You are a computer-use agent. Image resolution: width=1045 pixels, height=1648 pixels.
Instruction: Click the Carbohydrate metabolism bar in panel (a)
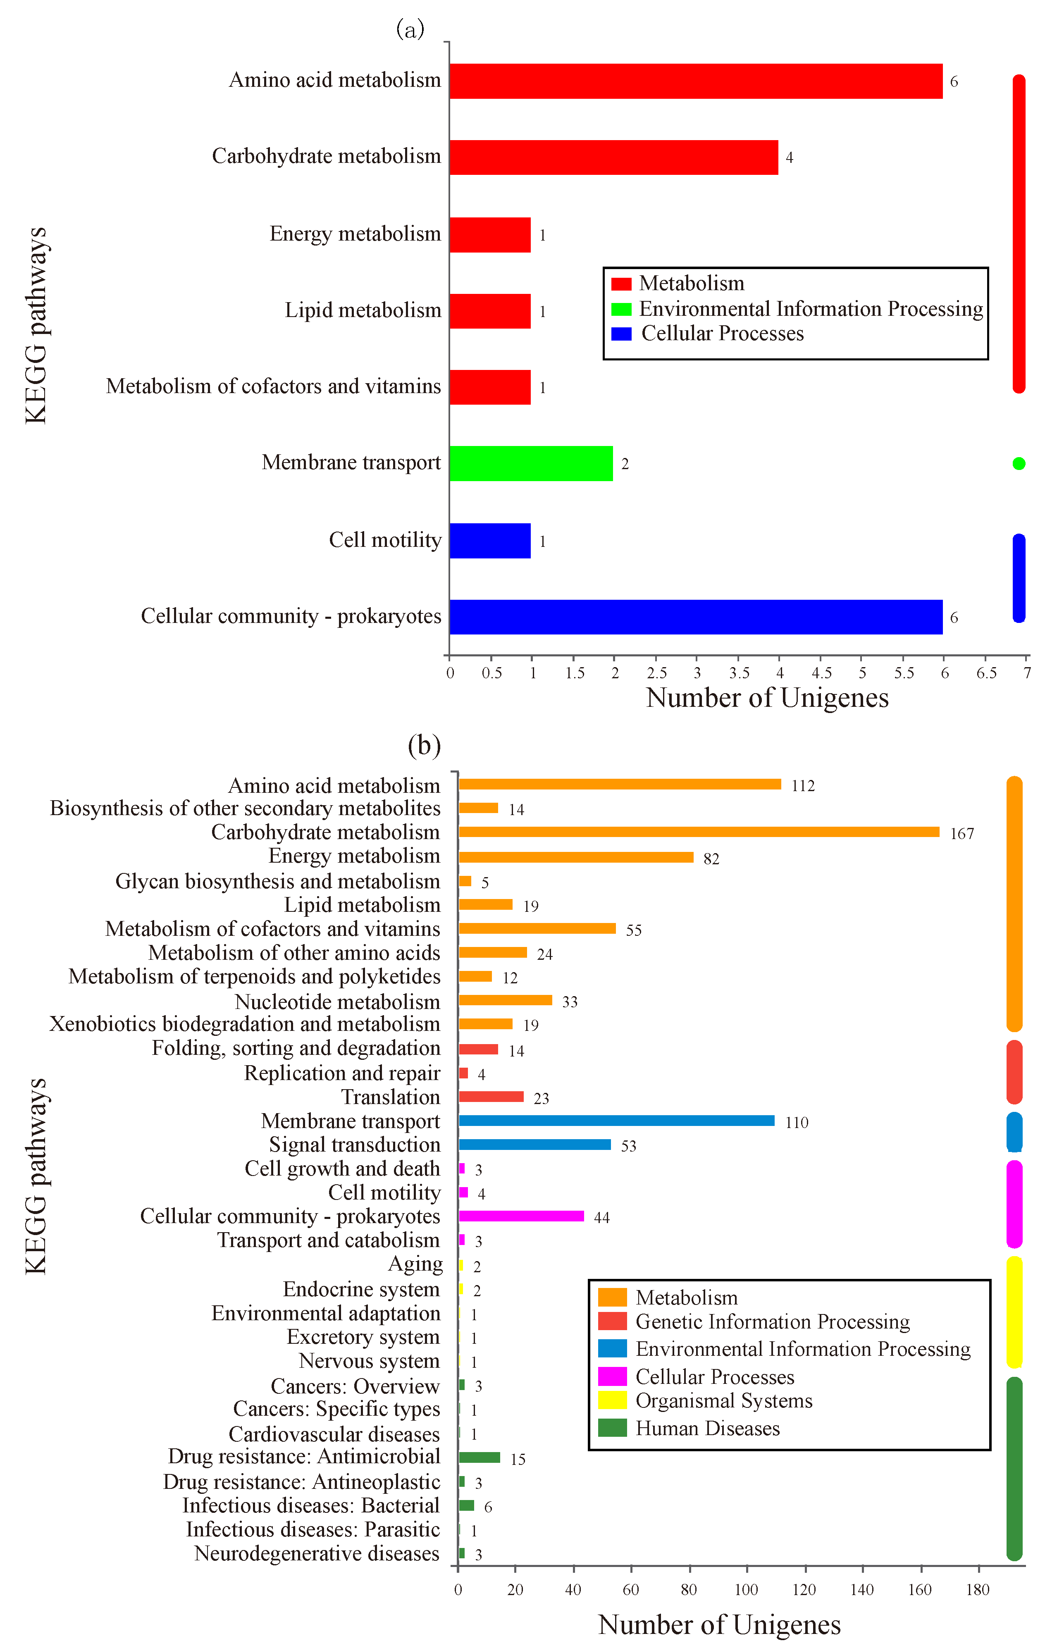coord(614,157)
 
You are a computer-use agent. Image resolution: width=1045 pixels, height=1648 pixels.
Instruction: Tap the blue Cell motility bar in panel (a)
coord(490,541)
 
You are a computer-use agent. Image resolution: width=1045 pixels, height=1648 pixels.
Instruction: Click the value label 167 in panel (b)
coord(961,834)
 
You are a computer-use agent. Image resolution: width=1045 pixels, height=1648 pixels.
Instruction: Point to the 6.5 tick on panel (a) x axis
coord(986,673)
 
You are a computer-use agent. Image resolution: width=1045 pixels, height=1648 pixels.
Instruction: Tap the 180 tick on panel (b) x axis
coord(977,1590)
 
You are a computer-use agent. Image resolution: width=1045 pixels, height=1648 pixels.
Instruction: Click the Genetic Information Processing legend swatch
coord(612,1321)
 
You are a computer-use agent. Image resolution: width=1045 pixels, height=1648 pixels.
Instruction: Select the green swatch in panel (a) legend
coord(621,309)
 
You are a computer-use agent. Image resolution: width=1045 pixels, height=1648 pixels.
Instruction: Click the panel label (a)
coord(410,29)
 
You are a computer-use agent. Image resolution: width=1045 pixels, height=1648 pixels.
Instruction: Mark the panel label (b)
coord(424,744)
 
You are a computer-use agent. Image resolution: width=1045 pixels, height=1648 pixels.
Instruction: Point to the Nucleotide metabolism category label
coord(337,1001)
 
